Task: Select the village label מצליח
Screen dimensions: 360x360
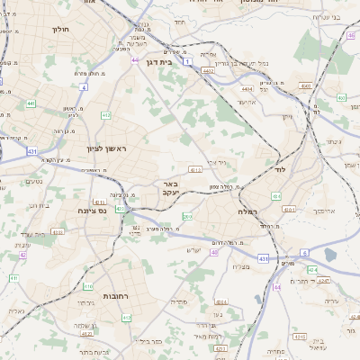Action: pos(240,266)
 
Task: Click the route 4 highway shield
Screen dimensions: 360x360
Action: pos(84,87)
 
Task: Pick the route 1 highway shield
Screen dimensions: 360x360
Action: pos(187,62)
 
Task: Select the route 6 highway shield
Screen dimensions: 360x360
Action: pos(304,254)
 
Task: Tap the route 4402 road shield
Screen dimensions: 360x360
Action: pos(208,70)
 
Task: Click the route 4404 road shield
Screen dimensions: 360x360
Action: pos(247,90)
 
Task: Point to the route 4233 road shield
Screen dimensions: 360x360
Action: pos(58,232)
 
